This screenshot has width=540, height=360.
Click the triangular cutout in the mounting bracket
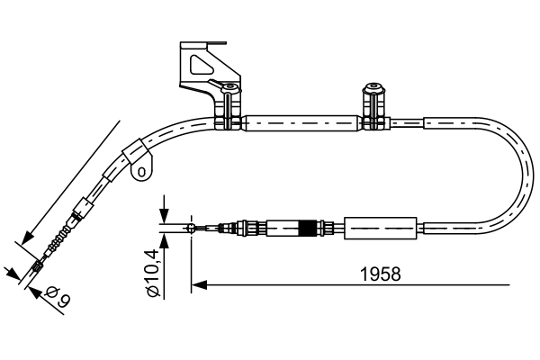199,64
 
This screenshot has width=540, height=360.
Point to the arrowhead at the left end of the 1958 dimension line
199,285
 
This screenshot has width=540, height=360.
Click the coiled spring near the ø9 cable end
58,241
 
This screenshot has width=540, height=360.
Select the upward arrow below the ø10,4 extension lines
164,240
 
